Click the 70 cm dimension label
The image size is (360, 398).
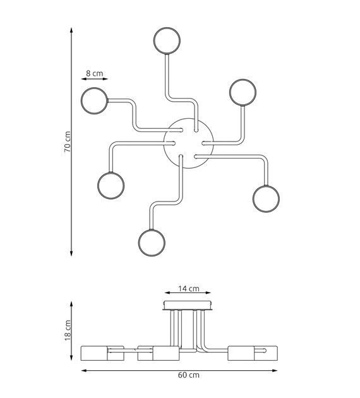coord(67,142)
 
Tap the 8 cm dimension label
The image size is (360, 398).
coord(94,73)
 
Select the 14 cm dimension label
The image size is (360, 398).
coord(188,289)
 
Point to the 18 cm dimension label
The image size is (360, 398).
coord(68,330)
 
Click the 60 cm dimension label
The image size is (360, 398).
coord(188,375)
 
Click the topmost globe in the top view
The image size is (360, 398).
coord(167,40)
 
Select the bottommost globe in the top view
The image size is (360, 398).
coord(152,243)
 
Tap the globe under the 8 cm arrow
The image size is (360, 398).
coord(94,101)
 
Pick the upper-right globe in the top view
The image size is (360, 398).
coord(243,92)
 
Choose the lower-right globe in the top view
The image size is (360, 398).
coord(266,199)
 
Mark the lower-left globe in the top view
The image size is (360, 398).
coord(111,186)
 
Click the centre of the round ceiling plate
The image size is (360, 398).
coord(188,143)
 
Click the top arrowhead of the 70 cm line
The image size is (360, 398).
coord(71,30)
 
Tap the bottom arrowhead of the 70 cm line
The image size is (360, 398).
coord(71,253)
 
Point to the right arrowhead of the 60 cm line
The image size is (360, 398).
coord(275,370)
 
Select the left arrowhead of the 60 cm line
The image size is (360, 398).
coord(84,370)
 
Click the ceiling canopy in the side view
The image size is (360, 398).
coord(188,305)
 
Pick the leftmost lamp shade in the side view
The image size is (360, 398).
coord(94,353)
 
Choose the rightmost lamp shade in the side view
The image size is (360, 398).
coord(265,353)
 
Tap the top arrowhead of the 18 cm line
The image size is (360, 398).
coord(71,304)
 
